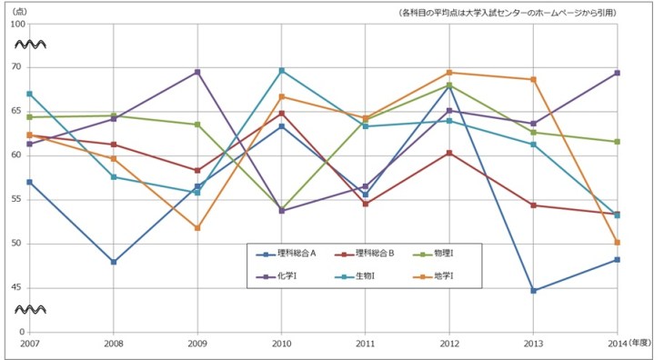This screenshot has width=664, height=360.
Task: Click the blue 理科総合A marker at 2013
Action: [534, 291]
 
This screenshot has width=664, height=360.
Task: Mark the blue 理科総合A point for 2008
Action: [114, 262]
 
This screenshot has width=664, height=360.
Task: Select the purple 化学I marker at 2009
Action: [197, 72]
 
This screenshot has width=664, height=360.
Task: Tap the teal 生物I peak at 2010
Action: [282, 70]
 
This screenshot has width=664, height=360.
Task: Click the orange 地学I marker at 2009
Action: [197, 228]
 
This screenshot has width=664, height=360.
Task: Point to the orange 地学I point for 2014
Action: [618, 243]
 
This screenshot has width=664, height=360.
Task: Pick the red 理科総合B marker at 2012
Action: [449, 153]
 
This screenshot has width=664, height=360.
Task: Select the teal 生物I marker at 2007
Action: [29, 94]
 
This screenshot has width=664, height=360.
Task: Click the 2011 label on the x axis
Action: [366, 344]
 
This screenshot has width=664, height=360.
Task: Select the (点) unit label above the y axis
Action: [18, 11]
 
